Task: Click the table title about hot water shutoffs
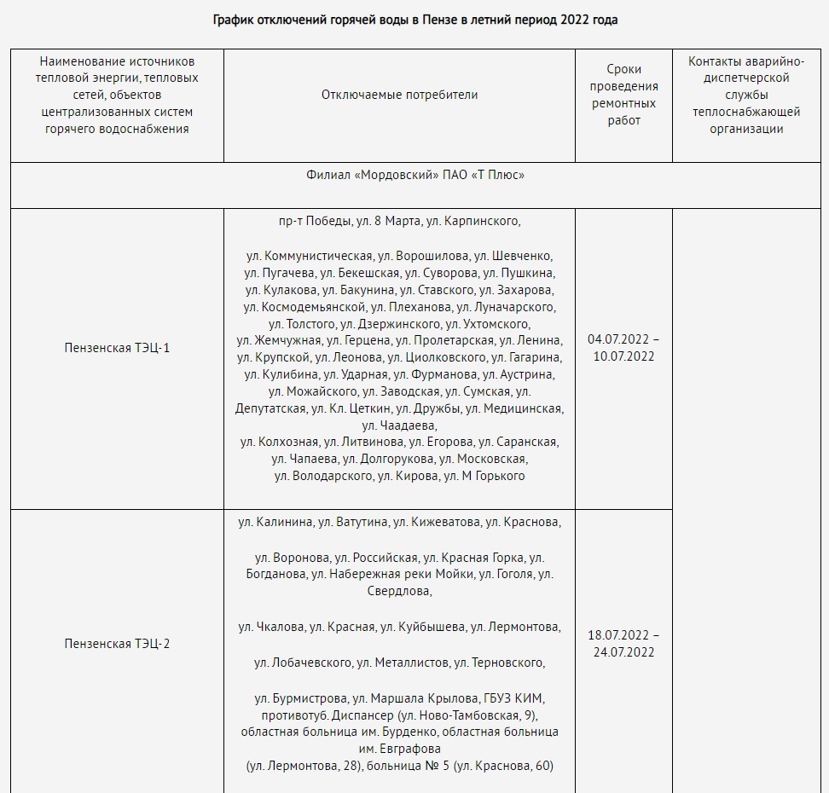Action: pyautogui.click(x=414, y=20)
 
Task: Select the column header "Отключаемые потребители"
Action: pyautogui.click(x=399, y=95)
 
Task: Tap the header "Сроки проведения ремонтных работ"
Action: pyautogui.click(x=623, y=95)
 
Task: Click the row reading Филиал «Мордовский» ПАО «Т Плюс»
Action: pyautogui.click(x=414, y=175)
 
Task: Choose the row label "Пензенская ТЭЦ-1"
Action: pyautogui.click(x=117, y=348)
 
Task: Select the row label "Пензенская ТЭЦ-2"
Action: pyautogui.click(x=117, y=644)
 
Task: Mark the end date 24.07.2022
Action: pyautogui.click(x=623, y=652)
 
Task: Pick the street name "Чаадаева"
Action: pyautogui.click(x=399, y=425)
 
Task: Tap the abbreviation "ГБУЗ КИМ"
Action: pyautogui.click(x=513, y=697)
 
